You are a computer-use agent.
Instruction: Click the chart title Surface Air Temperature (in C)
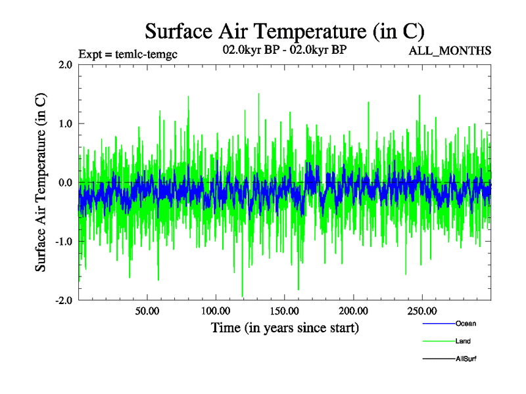point(285,31)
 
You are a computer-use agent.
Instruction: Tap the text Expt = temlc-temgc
point(128,53)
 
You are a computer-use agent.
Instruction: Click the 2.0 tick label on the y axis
point(65,64)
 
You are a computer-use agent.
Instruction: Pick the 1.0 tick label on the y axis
point(65,123)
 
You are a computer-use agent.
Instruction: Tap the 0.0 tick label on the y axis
point(65,183)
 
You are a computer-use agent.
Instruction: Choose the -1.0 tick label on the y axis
point(64,242)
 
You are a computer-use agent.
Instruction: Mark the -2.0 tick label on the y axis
point(64,300)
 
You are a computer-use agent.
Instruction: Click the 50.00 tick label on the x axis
point(147,310)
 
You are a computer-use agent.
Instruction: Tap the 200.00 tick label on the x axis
point(353,310)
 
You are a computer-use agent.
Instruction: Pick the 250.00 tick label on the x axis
point(421,310)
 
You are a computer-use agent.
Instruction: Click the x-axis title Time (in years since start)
point(285,327)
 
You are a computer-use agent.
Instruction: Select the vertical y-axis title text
point(41,183)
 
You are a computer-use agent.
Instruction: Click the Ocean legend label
point(466,324)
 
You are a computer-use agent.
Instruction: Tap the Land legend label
point(463,341)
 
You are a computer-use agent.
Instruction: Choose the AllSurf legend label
point(466,359)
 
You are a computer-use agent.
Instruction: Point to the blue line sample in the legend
point(438,324)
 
